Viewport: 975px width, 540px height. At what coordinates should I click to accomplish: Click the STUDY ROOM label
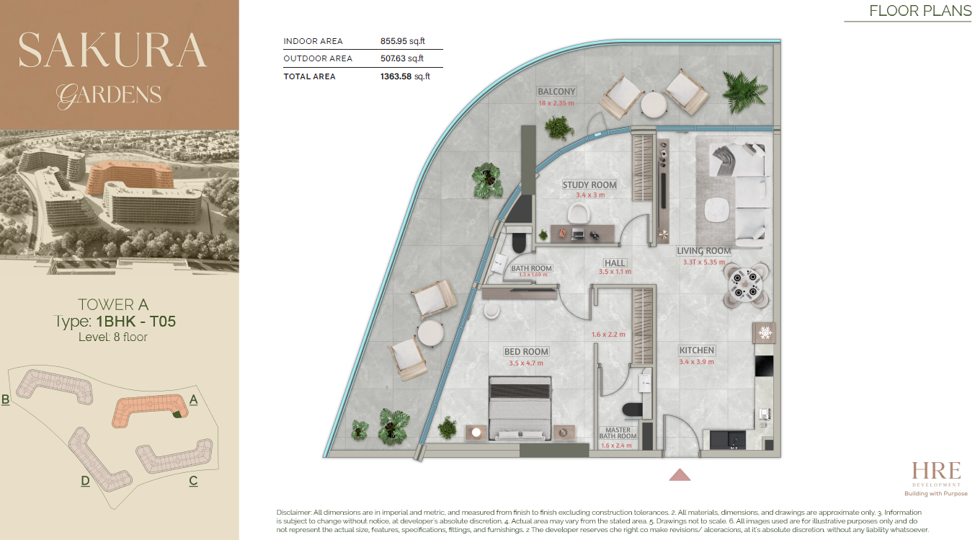589,185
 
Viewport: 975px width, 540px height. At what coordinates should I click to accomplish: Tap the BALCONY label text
556,92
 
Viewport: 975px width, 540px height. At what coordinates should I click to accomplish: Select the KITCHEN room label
696,350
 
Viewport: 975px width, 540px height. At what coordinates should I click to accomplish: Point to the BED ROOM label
526,351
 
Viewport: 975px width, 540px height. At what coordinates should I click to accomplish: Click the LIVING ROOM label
703,251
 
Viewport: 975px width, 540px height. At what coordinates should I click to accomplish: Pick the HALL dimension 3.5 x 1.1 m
615,272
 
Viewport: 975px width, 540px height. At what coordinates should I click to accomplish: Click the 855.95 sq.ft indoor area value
403,41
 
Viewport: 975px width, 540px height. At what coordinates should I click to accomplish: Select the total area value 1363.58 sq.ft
405,76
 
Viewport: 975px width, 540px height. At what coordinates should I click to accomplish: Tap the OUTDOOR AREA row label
318,58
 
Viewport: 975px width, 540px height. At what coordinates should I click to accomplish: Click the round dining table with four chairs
746,285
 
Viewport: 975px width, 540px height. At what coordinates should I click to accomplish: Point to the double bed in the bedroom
520,409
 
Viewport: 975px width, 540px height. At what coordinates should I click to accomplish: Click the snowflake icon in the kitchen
765,333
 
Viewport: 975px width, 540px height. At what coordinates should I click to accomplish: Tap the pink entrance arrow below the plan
680,474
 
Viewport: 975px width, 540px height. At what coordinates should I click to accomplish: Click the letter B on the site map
5,399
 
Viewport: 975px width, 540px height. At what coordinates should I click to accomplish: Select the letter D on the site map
85,481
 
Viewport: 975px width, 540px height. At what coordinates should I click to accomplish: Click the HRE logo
936,479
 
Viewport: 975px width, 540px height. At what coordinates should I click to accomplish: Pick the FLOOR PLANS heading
920,11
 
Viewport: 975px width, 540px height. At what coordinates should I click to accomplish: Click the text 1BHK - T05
135,322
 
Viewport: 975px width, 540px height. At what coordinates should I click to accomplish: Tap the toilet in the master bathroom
633,410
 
